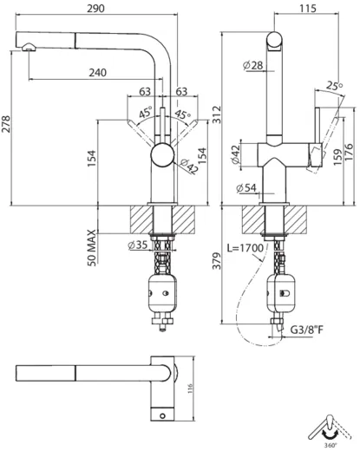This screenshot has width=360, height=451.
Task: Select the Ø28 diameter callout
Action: pos(253,66)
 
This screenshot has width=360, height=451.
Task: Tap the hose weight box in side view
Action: pos(281,295)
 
